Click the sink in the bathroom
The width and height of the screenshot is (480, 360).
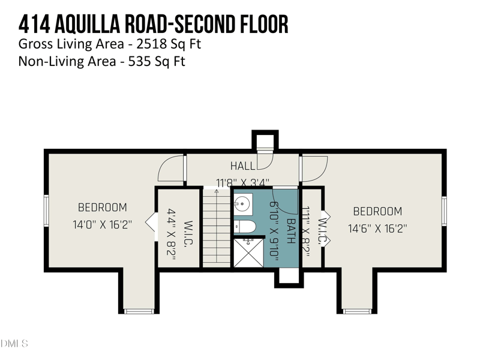point(243,203)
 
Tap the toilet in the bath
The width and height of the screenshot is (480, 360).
point(245,226)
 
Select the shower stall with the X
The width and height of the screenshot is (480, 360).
point(248,253)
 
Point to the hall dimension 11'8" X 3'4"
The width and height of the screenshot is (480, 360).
point(243,182)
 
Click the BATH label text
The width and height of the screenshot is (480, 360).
point(290,231)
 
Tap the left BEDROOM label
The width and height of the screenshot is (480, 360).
point(103,208)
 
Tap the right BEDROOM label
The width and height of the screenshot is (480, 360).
point(377,211)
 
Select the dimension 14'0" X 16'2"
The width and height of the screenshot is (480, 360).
point(103,224)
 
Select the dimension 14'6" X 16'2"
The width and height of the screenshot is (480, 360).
point(377,228)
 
